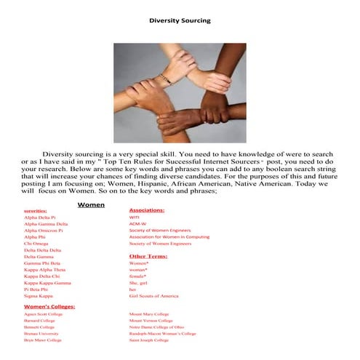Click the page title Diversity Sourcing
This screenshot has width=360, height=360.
(x=179, y=20)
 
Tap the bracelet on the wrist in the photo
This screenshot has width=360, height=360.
(x=167, y=76)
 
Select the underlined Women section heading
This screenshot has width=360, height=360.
(x=91, y=205)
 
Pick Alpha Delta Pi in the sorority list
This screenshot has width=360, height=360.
(x=40, y=217)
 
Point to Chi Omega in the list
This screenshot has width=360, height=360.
(x=36, y=243)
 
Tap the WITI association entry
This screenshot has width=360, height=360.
(x=134, y=217)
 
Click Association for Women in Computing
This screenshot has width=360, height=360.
(x=169, y=236)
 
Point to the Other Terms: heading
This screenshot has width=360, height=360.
(x=148, y=256)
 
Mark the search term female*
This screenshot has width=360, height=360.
(x=137, y=276)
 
